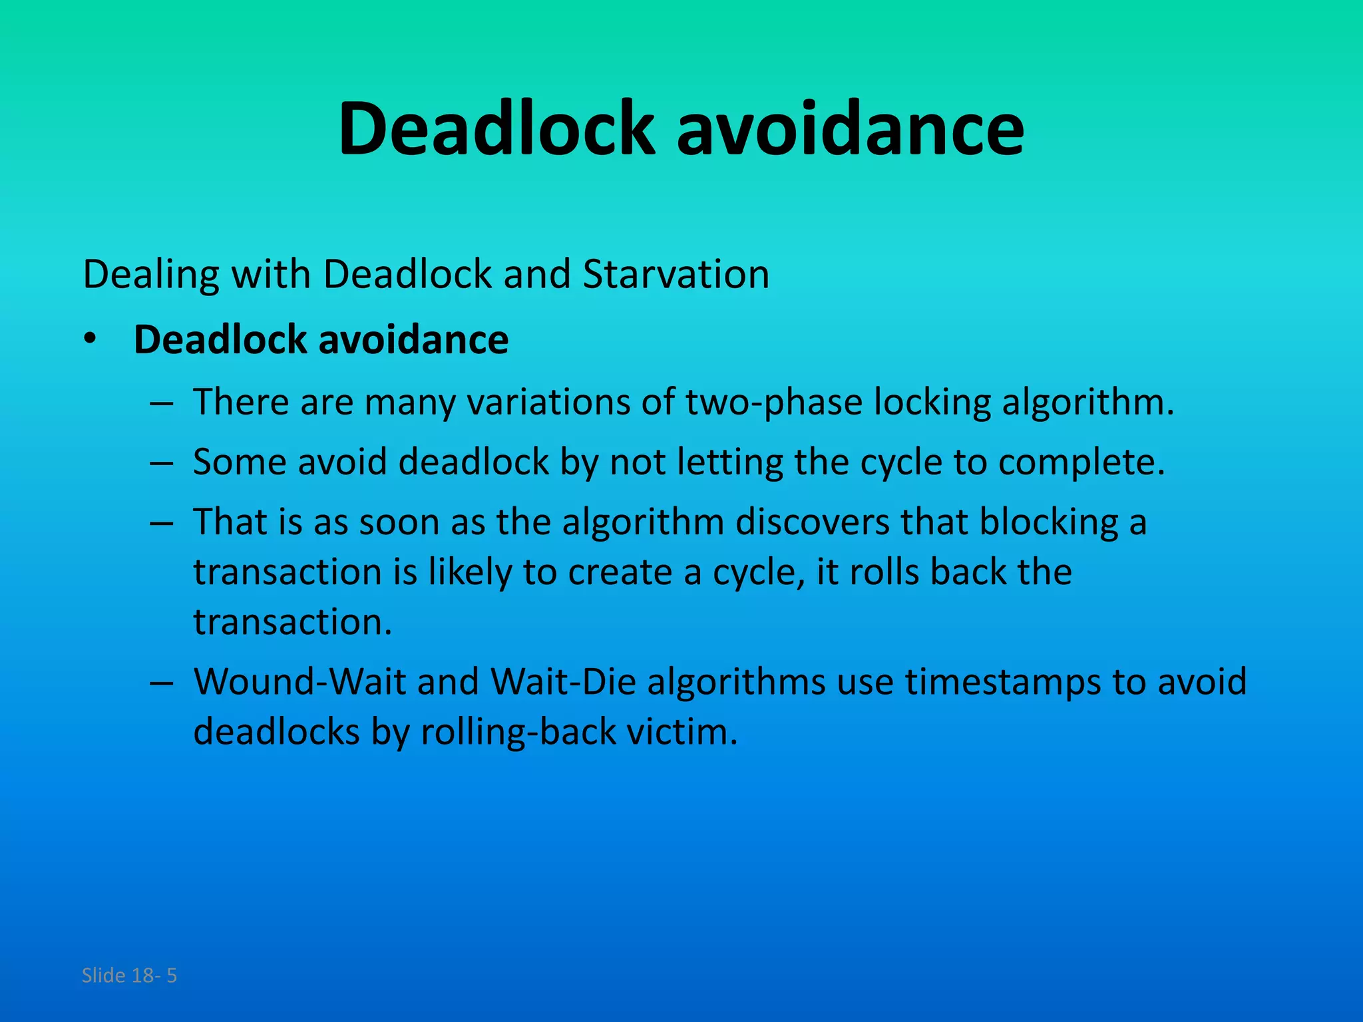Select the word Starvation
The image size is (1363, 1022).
[676, 274]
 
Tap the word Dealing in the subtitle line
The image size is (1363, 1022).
[151, 275]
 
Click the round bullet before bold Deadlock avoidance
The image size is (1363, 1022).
[90, 339]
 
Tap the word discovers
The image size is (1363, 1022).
[812, 522]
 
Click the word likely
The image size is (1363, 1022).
[470, 573]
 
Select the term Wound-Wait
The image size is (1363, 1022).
[299, 681]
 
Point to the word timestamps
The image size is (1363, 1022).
[1002, 683]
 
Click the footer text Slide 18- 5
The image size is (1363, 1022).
[129, 975]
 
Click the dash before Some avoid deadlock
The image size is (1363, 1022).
[162, 462]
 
